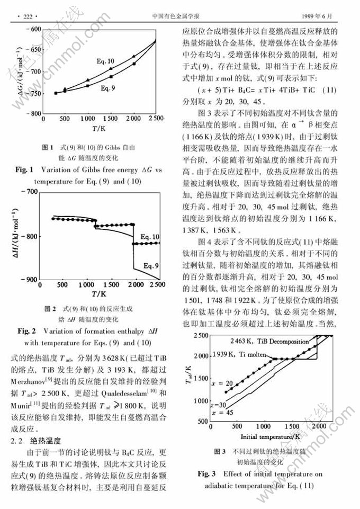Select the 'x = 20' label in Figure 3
pyautogui.click(x=221, y=382)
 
